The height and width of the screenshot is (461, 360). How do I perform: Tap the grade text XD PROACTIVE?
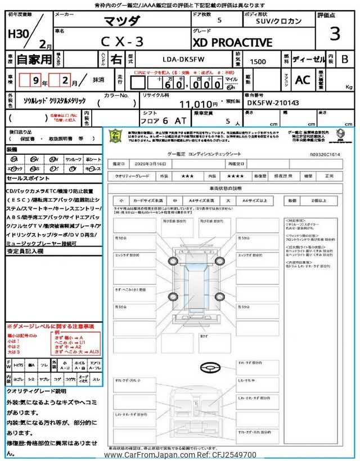coord(232,43)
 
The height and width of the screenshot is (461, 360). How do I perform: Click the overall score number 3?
coord(335,34)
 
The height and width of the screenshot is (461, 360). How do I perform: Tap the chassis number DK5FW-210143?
coord(272,104)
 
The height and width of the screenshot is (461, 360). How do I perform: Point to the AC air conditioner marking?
coord(303,80)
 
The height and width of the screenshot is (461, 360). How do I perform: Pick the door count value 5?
coord(218,20)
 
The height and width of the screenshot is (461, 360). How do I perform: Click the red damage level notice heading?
coord(51,326)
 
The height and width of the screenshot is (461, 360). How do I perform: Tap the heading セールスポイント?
coord(28,178)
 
